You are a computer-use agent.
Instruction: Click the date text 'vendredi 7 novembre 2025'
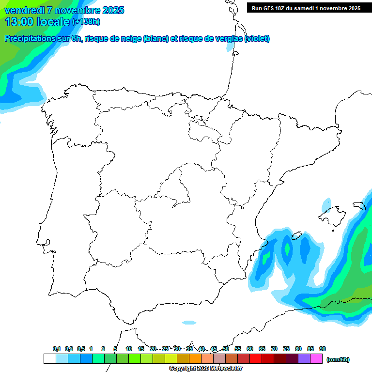point(64,10)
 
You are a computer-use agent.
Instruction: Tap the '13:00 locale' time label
point(38,21)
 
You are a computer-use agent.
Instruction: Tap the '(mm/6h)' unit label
point(338,359)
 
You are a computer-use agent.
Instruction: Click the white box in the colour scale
point(49,359)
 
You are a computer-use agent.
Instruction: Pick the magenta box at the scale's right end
point(316,359)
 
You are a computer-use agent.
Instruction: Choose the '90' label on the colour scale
point(323,349)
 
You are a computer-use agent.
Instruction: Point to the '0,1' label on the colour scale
point(57,349)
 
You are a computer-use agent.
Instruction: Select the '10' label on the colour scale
point(129,349)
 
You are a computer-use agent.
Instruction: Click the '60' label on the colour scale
point(250,349)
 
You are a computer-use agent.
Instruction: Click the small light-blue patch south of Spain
point(189,323)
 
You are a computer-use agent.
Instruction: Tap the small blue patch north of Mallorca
point(328,203)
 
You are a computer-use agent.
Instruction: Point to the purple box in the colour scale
point(304,359)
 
